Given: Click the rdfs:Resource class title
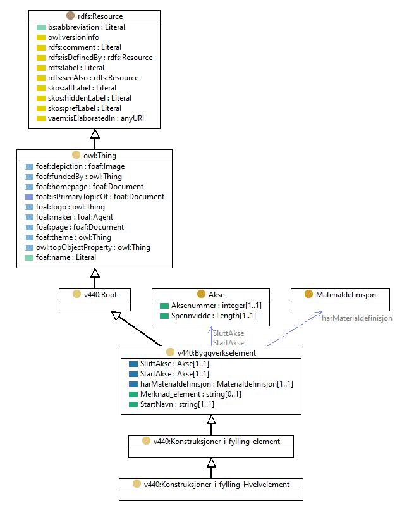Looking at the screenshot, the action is coord(100,16).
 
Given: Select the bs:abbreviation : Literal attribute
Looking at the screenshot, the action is coord(87,27).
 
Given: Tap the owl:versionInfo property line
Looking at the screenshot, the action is coord(73,37).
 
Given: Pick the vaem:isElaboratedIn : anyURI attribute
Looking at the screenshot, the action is coord(96,118).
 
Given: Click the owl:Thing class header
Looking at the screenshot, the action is coord(100,156).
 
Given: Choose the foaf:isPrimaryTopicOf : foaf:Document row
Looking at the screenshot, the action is coord(100,197).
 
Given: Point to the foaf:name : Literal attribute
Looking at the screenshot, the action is coord(66,257).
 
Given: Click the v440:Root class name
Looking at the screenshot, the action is coord(100,295).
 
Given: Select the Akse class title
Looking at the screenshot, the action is coord(217,295).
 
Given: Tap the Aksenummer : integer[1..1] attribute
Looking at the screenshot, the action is coord(216,306).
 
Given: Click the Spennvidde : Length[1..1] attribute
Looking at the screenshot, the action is coord(213,316).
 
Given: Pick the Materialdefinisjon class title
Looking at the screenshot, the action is coord(346,295).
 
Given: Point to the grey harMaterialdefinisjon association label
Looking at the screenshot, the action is coord(357,318).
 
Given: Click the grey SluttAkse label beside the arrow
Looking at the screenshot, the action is coord(229,333).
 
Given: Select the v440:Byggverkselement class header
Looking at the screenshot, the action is coord(217,353).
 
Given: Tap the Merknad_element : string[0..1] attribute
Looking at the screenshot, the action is coord(191,394).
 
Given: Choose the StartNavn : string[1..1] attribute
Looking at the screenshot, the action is coord(177,404).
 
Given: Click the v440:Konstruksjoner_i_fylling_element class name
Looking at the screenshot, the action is coord(217,442).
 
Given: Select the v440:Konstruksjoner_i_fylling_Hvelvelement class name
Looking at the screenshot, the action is coord(217,485).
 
